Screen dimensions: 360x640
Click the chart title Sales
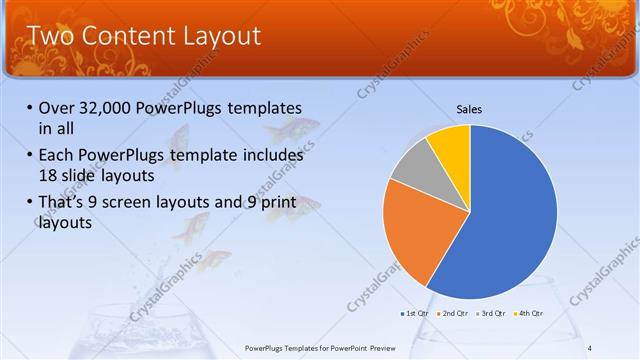tap(470, 109)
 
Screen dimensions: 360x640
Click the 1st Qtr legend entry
tap(417, 314)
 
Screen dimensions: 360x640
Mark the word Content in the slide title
tap(125, 36)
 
